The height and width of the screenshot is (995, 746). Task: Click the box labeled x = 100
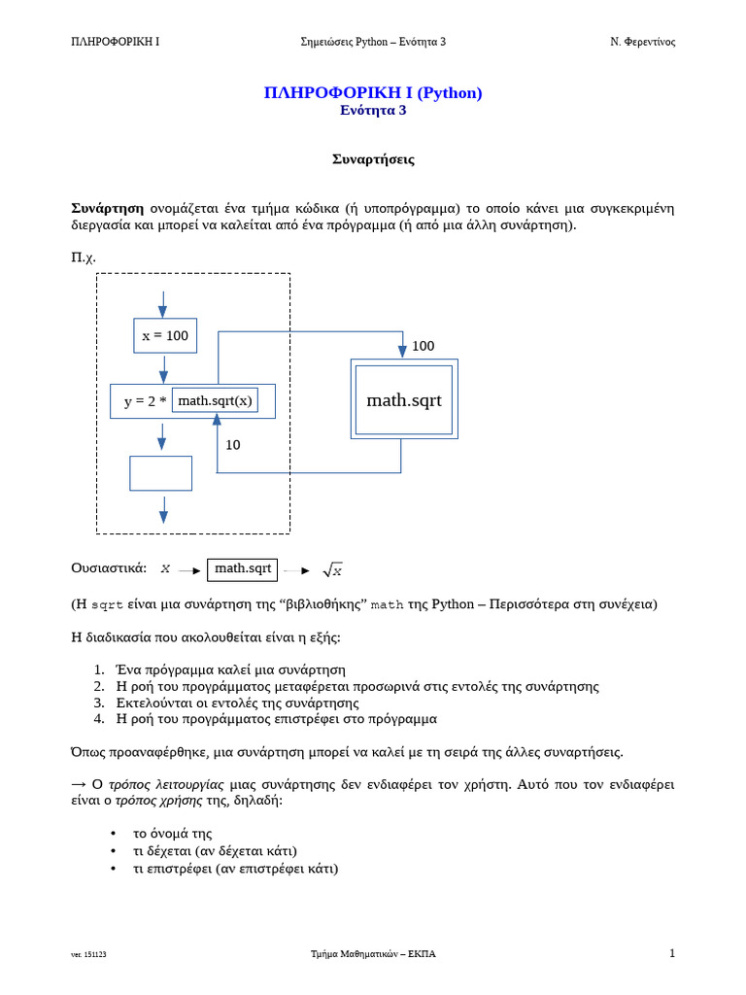pyautogui.click(x=165, y=335)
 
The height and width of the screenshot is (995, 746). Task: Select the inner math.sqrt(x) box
pyautogui.click(x=215, y=400)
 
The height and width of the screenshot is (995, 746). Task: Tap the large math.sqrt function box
pyautogui.click(x=403, y=399)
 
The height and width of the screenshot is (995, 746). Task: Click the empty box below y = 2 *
pyautogui.click(x=160, y=473)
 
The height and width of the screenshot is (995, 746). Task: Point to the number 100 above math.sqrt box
pyautogui.click(x=423, y=346)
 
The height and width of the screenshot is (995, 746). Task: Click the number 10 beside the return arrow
pyautogui.click(x=233, y=445)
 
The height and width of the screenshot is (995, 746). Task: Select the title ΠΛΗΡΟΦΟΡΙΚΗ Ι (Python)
pyautogui.click(x=373, y=92)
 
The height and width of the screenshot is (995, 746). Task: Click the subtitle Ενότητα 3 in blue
pyautogui.click(x=373, y=111)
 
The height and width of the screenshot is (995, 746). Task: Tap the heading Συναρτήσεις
pyautogui.click(x=373, y=159)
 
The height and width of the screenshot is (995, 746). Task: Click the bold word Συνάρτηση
pyautogui.click(x=107, y=208)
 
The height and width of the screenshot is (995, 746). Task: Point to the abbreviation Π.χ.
pyautogui.click(x=84, y=257)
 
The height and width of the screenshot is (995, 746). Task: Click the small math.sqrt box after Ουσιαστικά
pyautogui.click(x=242, y=568)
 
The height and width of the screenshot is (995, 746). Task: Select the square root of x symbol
pyautogui.click(x=332, y=570)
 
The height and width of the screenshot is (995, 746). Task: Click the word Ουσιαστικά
pyautogui.click(x=109, y=568)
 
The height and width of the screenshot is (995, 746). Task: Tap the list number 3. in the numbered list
pyautogui.click(x=99, y=703)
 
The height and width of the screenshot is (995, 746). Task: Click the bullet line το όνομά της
pyautogui.click(x=172, y=834)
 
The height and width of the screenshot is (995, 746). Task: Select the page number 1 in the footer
pyautogui.click(x=671, y=953)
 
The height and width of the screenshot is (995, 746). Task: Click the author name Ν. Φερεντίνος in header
pyautogui.click(x=642, y=42)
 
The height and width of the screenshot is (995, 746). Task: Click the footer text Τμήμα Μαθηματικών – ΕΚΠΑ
pyautogui.click(x=373, y=954)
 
